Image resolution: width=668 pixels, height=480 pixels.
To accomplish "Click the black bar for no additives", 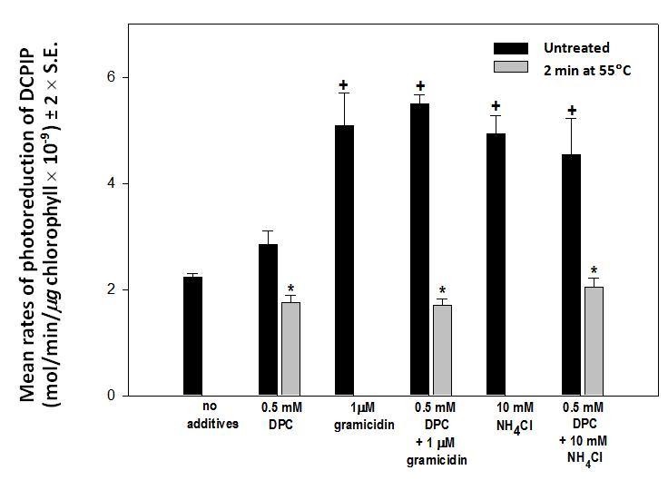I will pos(192,336).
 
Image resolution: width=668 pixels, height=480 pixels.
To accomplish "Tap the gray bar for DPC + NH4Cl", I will pos(594,341).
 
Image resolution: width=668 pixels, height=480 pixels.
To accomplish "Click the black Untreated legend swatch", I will pos(509,48).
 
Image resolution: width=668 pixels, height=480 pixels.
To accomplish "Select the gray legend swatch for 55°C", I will pos(509,67).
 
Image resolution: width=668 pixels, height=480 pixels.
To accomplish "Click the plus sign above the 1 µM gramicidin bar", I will pos(344,86).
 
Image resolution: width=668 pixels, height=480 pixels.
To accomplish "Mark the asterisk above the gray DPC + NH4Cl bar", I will pos(594,270).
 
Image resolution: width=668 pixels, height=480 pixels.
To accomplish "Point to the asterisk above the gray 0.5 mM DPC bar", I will pos(290,288).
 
